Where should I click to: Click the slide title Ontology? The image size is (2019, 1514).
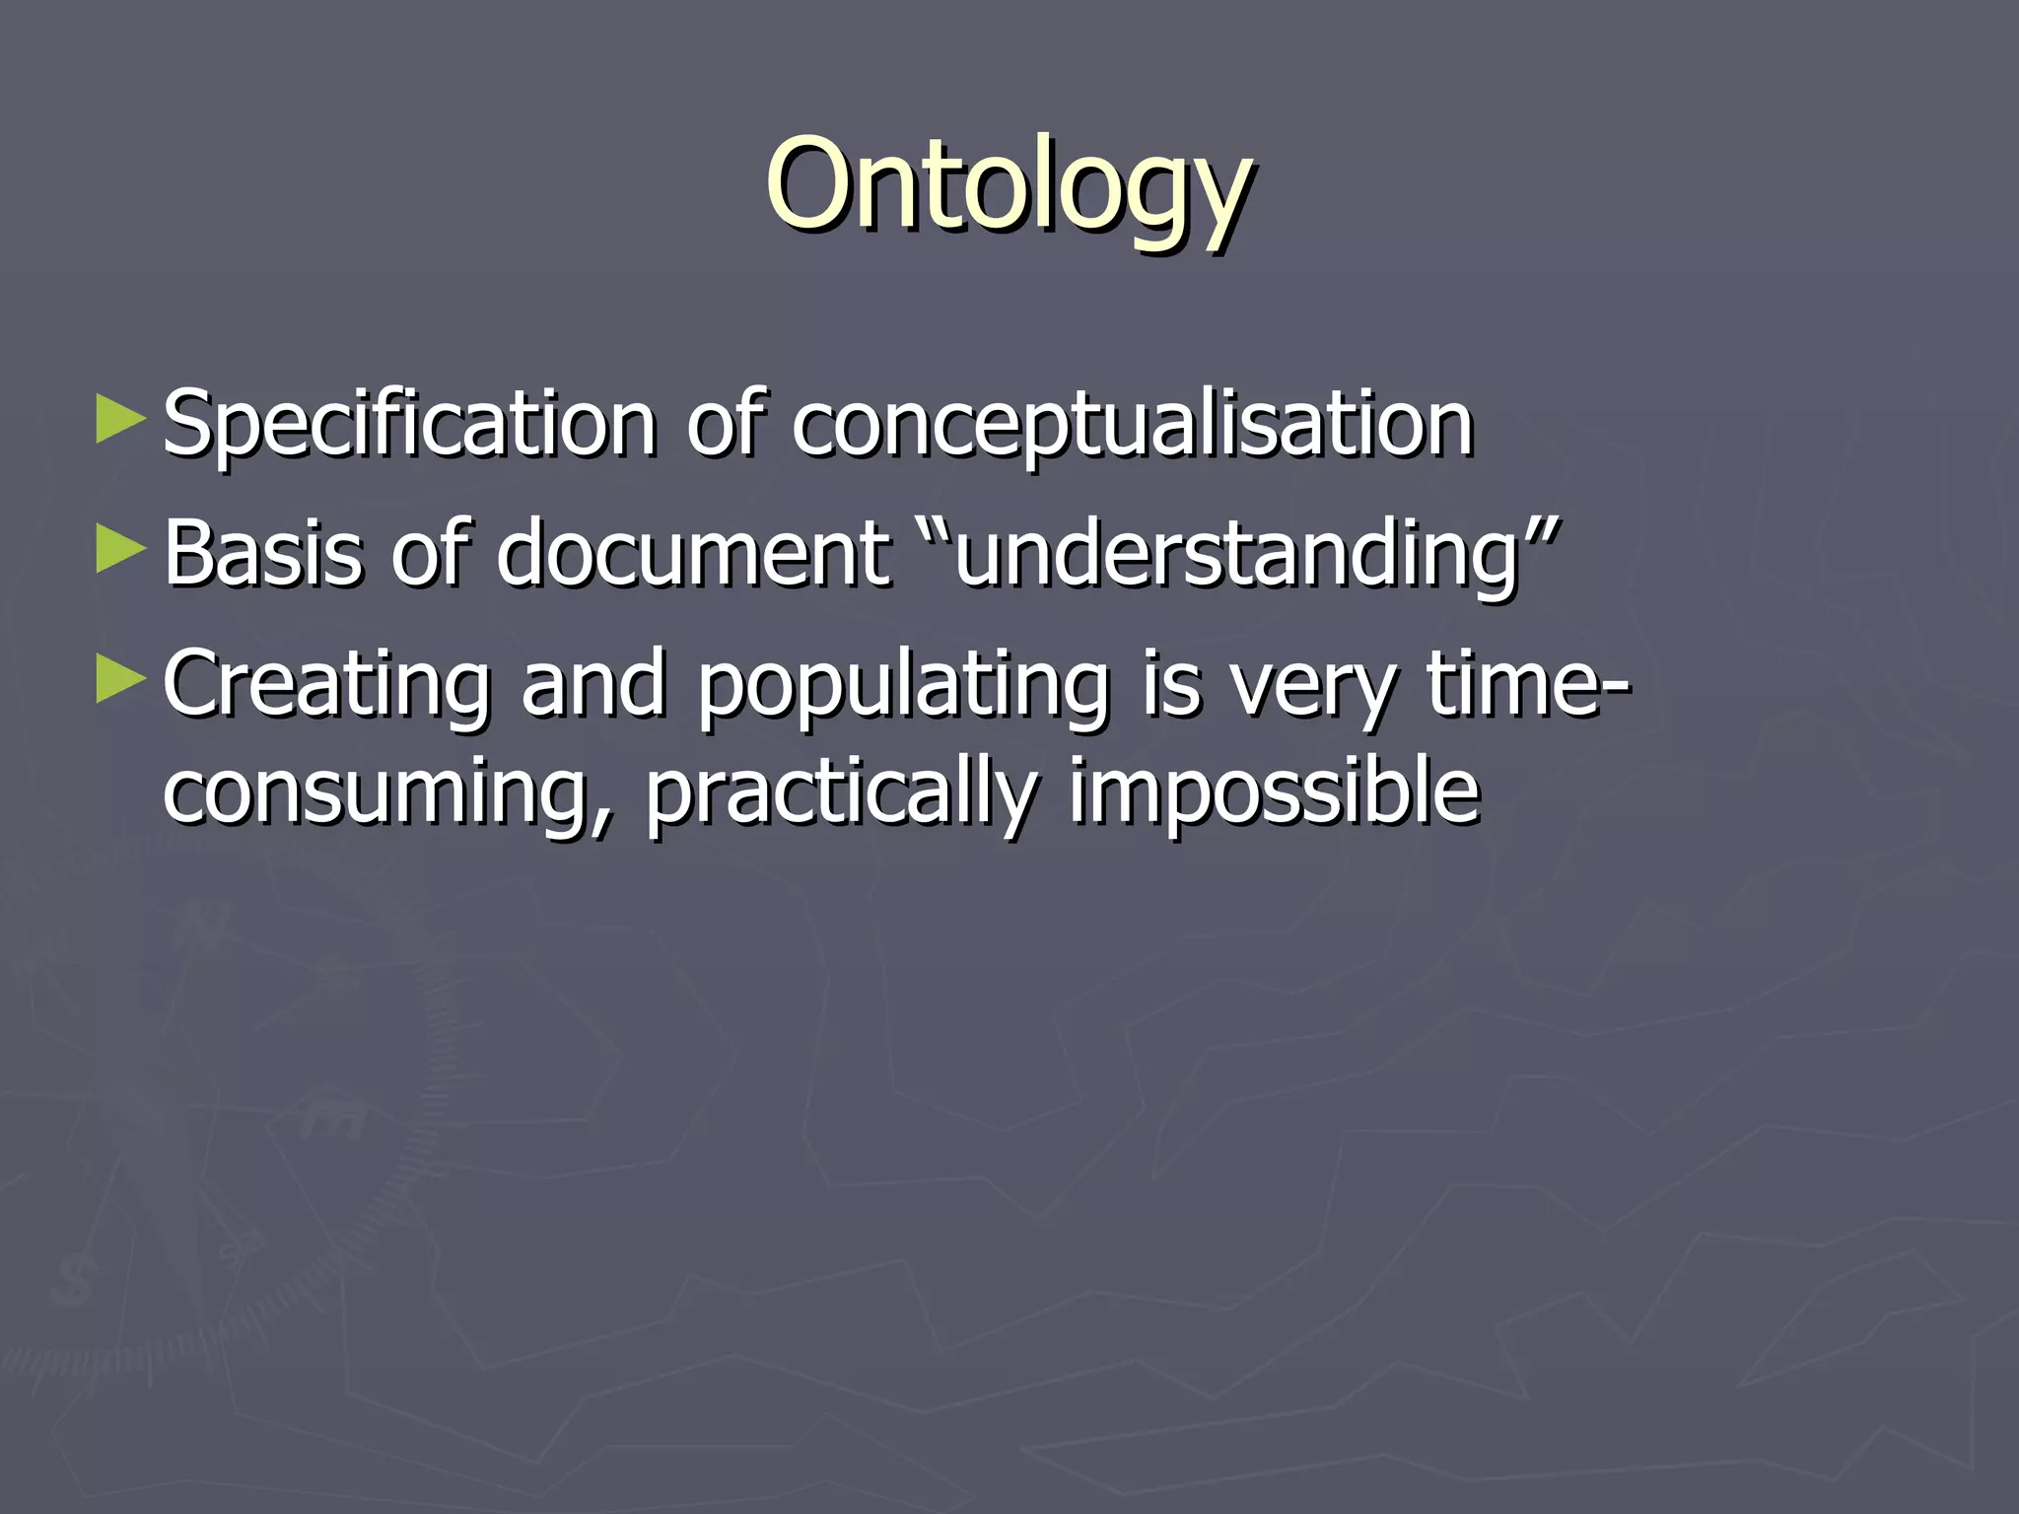[1009, 187]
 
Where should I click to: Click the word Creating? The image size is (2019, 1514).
[326, 684]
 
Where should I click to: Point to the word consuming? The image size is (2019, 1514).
[388, 792]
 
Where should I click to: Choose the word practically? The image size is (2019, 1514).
[842, 792]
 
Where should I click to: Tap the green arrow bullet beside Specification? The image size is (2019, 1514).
[120, 420]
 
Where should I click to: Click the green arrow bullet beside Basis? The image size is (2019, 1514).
[120, 550]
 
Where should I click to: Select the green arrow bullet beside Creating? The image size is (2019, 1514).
[120, 680]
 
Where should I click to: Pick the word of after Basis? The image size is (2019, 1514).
[430, 554]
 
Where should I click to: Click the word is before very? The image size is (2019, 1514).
[1172, 684]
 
